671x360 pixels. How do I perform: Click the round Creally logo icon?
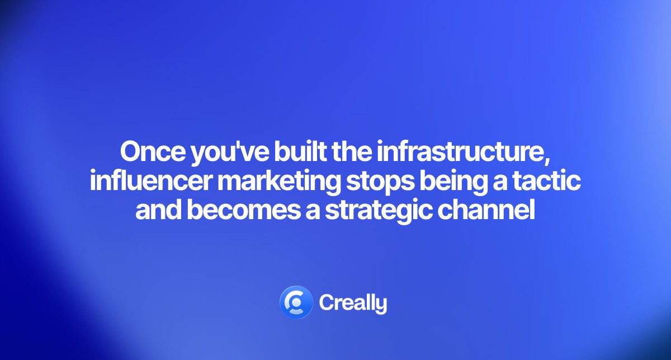pyautogui.click(x=296, y=302)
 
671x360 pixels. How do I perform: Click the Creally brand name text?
pyautogui.click(x=353, y=303)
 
